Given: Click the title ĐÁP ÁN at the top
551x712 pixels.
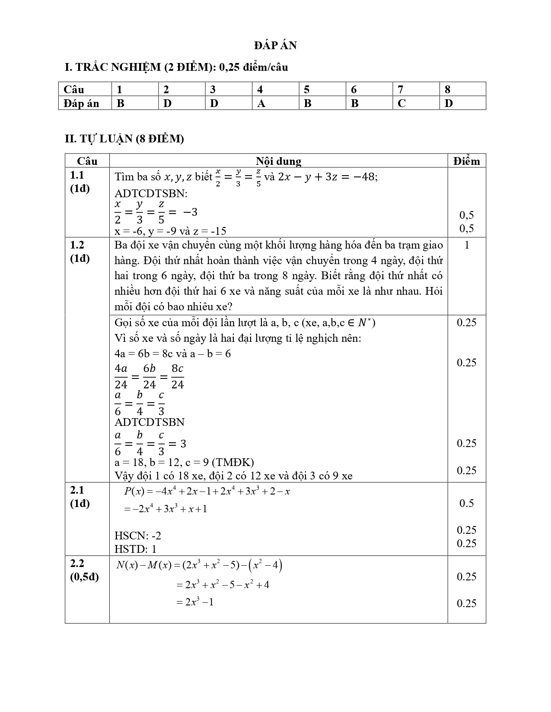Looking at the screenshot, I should (275, 45).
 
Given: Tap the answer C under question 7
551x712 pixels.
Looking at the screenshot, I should (401, 104).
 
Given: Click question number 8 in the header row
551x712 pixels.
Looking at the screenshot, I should (447, 89).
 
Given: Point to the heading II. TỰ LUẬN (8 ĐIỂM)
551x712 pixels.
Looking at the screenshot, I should (124, 139).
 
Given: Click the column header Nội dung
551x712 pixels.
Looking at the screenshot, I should (278, 161).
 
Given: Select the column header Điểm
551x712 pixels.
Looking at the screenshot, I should (466, 161).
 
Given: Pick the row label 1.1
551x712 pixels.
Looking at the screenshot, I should (77, 175).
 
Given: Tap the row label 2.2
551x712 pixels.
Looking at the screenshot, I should (77, 563).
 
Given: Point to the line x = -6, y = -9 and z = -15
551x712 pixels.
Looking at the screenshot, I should (170, 231).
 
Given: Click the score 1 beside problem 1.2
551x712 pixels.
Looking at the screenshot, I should (466, 245).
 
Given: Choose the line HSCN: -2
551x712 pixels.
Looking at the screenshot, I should (138, 536).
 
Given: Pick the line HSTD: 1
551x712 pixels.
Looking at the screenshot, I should (135, 549).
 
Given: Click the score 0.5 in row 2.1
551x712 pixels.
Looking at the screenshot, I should (466, 503).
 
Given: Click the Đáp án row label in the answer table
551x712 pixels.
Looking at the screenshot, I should (81, 104).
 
